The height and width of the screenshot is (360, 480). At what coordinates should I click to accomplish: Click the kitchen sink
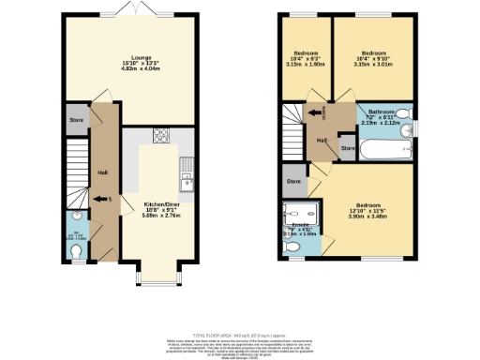(187, 175)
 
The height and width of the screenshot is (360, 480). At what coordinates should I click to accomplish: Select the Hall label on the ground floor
(102, 172)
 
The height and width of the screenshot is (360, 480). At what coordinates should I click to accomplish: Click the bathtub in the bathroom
(382, 149)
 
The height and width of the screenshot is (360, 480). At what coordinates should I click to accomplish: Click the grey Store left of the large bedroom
(293, 180)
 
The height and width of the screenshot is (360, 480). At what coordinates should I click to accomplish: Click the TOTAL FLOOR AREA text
(240, 334)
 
